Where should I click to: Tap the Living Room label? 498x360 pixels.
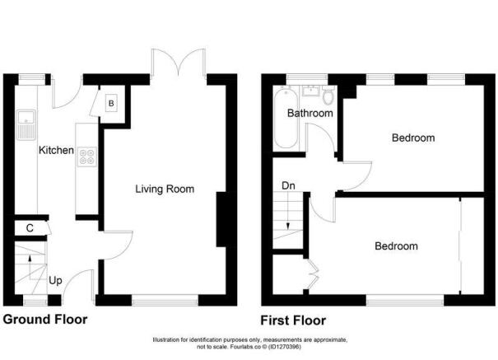165,189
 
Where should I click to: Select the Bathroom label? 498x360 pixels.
310,114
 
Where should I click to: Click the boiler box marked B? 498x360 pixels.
112,104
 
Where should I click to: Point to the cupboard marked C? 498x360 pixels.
29,227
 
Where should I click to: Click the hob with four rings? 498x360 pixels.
86,157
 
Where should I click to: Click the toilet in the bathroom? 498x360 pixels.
328,96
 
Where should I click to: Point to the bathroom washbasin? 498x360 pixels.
311,90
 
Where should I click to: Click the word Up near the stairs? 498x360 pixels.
56,281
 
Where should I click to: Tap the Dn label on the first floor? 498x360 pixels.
289,186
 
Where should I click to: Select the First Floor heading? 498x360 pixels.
293,320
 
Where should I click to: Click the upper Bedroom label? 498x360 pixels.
412,138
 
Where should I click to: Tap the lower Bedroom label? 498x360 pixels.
396,245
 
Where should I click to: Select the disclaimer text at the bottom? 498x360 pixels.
249,344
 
